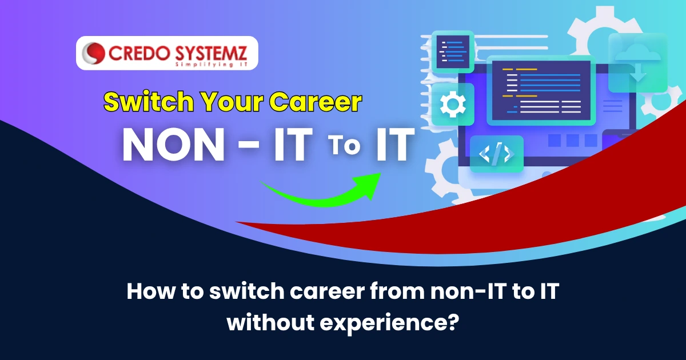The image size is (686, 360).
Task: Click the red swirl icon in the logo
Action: click(x=93, y=53)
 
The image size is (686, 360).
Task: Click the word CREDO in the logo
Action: click(x=139, y=53)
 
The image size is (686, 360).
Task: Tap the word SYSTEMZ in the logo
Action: click(x=211, y=53)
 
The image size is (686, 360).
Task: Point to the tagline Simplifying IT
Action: click(x=212, y=65)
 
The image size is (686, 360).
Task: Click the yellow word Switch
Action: click(x=149, y=101)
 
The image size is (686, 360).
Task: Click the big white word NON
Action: click(x=174, y=144)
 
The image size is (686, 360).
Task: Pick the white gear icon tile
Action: click(x=453, y=104)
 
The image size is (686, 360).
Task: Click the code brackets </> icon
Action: click(x=496, y=154)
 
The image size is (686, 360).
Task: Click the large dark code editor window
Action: click(x=541, y=91)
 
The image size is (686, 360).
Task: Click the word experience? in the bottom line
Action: click(x=389, y=323)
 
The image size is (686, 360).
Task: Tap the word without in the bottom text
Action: click(x=271, y=322)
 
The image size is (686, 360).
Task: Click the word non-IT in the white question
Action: click(x=468, y=291)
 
